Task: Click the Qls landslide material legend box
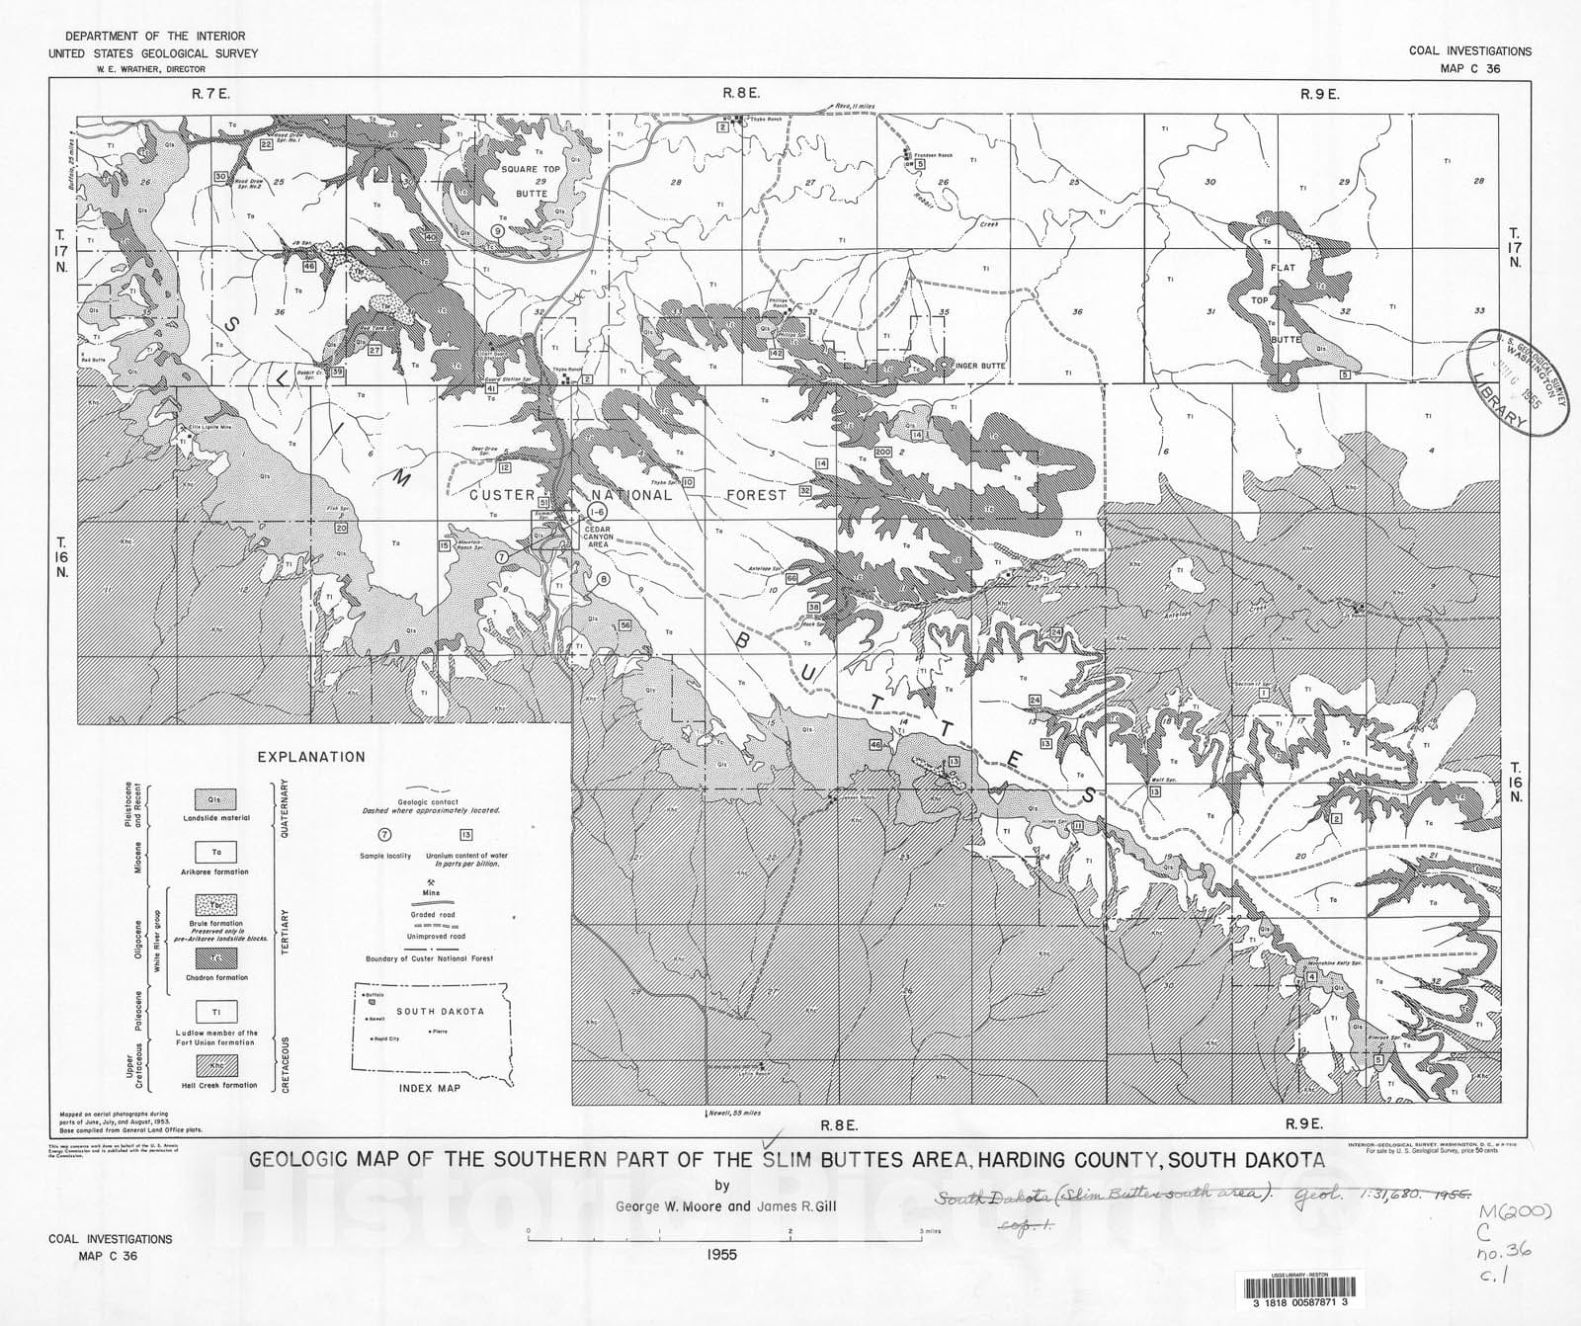pyautogui.click(x=215, y=798)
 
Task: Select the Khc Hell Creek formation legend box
pyautogui.click(x=215, y=1065)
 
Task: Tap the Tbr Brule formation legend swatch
pyautogui.click(x=215, y=904)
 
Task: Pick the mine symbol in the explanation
pyautogui.click(x=431, y=882)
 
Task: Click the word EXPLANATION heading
pyautogui.click(x=311, y=757)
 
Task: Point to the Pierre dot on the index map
pyautogui.click(x=431, y=1032)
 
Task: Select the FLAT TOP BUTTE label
pyautogui.click(x=1284, y=301)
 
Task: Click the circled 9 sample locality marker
pyautogui.click(x=498, y=230)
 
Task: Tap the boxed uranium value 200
pyautogui.click(x=882, y=452)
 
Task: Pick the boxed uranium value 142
pyautogui.click(x=776, y=353)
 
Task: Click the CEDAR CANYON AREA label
pyautogui.click(x=598, y=537)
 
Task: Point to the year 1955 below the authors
pyautogui.click(x=722, y=1255)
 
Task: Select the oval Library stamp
pyautogui.click(x=1516, y=381)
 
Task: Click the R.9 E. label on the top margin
pyautogui.click(x=1319, y=94)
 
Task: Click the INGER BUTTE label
pyautogui.click(x=979, y=366)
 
